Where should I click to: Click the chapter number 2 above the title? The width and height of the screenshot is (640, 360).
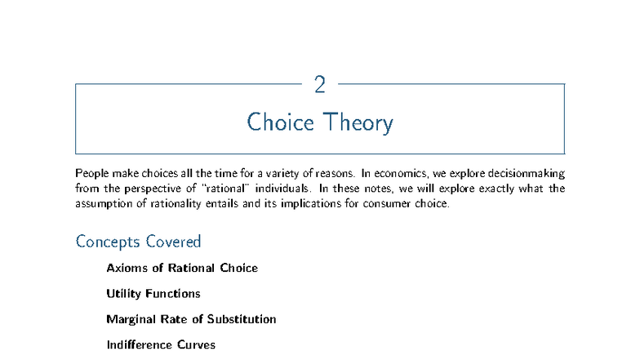[319, 83]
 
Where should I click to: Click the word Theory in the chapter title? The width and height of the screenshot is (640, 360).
[357, 122]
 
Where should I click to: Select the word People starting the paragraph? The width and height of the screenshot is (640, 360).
[92, 173]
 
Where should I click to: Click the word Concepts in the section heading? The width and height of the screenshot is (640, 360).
[108, 242]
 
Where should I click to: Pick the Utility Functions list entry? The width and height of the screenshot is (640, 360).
[153, 293]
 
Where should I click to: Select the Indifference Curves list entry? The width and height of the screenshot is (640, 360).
[161, 344]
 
